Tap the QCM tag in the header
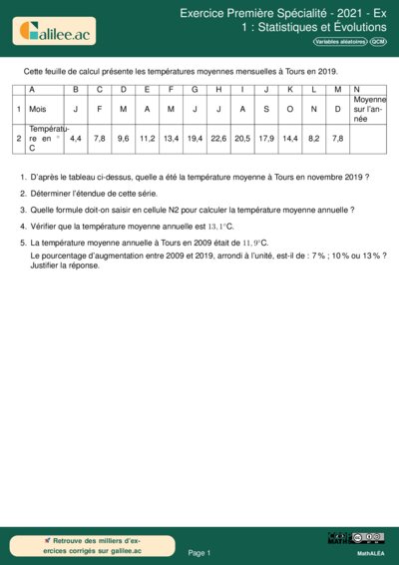coord(378,43)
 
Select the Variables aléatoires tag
coord(339,43)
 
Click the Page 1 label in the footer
coord(199,552)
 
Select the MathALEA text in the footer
coord(371,552)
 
